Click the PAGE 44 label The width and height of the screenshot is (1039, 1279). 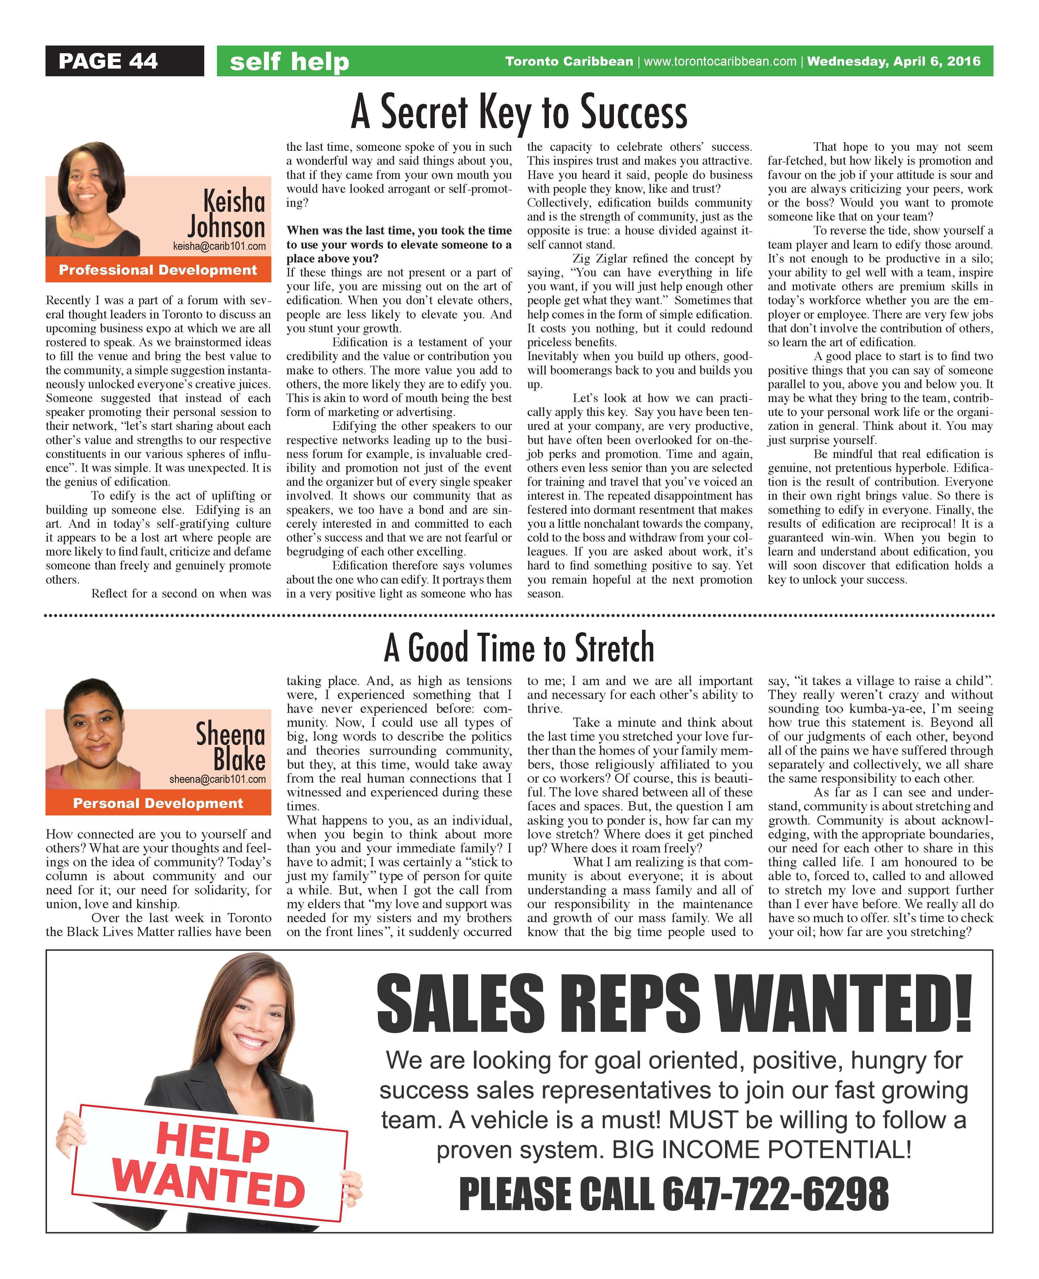pos(108,61)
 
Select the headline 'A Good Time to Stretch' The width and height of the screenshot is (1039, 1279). pos(519,647)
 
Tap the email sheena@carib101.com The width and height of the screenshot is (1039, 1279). pos(217,779)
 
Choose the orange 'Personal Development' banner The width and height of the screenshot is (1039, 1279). pos(158,803)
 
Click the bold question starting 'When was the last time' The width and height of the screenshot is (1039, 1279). pos(398,244)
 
